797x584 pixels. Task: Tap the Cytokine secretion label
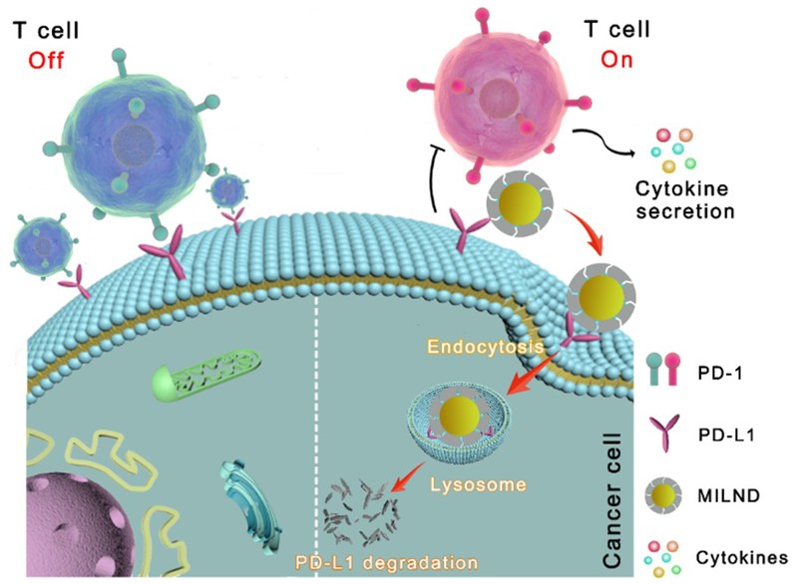(689, 199)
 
